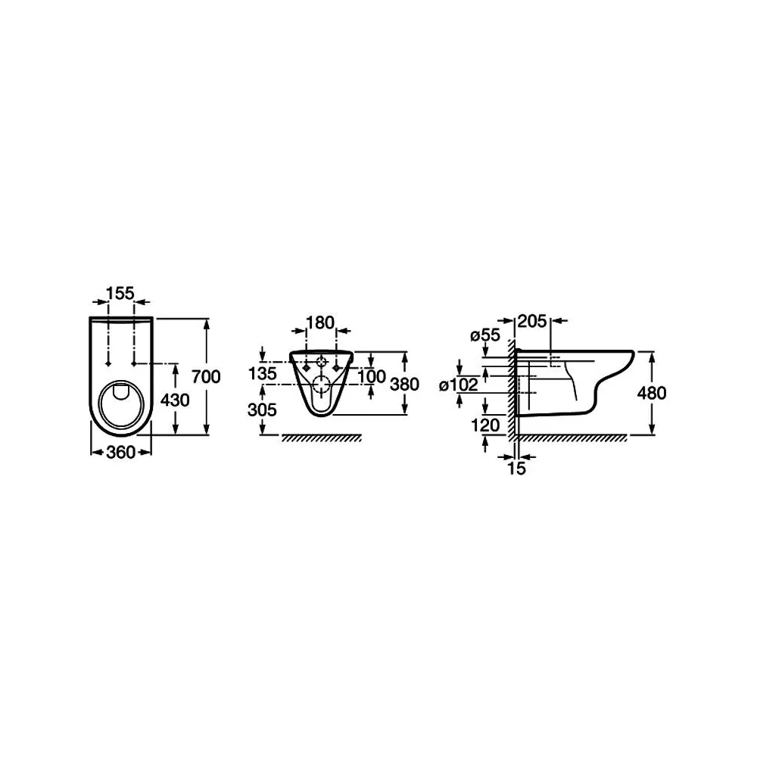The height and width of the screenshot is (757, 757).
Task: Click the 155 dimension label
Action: (x=120, y=293)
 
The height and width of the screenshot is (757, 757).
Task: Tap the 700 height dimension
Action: (x=206, y=376)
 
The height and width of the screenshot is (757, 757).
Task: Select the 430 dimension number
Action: (x=176, y=400)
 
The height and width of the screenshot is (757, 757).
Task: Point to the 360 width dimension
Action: (x=120, y=453)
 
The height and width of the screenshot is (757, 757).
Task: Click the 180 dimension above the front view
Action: (x=320, y=322)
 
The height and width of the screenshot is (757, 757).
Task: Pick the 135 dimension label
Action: (x=262, y=373)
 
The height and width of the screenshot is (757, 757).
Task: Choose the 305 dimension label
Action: (x=262, y=410)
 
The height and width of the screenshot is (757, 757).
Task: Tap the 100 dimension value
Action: (x=372, y=376)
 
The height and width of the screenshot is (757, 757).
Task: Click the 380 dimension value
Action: (x=404, y=385)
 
